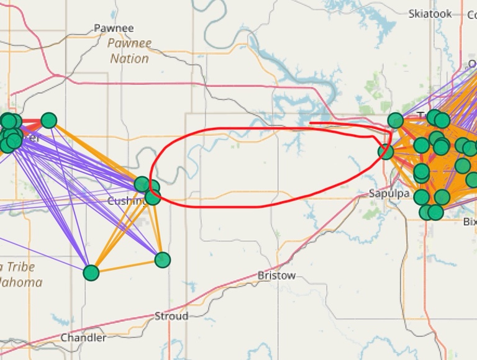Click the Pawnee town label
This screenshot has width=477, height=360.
[x=114, y=28]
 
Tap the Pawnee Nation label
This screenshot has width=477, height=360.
[x=129, y=51]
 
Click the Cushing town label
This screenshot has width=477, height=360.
[x=126, y=201]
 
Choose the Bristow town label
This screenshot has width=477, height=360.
[x=276, y=275]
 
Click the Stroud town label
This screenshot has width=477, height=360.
[x=171, y=316]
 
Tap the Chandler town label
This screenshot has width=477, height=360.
[x=83, y=338]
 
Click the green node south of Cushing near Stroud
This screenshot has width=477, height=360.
[x=162, y=259]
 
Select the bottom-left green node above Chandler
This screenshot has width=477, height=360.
[x=91, y=272]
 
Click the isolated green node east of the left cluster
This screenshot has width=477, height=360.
[x=48, y=120]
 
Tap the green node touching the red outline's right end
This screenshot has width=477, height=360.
[x=386, y=151]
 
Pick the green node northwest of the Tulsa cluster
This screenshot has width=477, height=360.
[x=396, y=120]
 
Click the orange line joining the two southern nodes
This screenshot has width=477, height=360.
[x=127, y=266]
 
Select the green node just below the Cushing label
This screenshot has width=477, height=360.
[x=153, y=197]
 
